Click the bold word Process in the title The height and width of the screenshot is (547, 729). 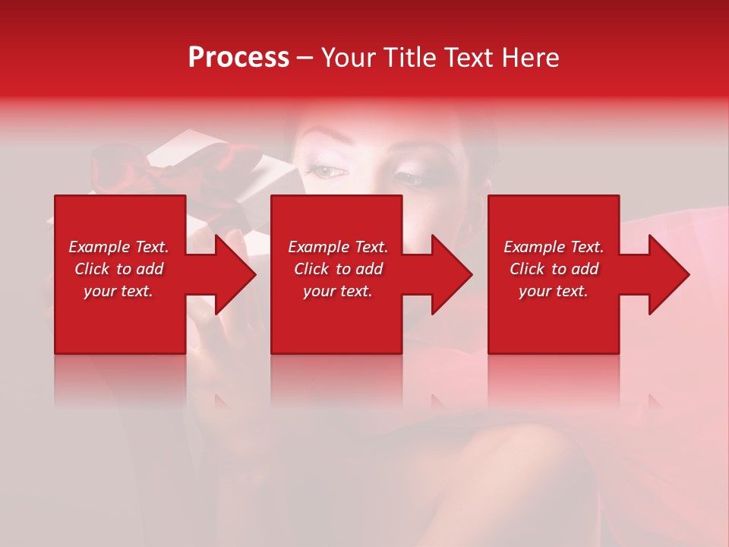(x=238, y=57)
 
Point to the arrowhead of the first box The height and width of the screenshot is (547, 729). (x=235, y=274)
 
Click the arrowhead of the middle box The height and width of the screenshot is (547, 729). (x=452, y=274)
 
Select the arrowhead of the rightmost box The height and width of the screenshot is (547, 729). (x=669, y=274)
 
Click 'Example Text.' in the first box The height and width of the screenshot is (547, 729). (x=118, y=247)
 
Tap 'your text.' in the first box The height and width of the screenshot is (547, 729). (x=118, y=291)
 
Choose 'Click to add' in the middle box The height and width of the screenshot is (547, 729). (x=338, y=269)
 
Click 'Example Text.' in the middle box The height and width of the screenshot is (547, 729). (x=338, y=247)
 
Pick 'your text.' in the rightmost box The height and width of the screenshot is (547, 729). (x=554, y=291)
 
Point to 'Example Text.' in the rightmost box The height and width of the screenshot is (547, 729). (x=554, y=247)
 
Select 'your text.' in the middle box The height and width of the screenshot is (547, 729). (x=338, y=291)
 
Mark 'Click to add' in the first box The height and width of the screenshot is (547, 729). (x=118, y=269)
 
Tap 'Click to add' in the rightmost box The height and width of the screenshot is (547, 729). (x=554, y=269)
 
